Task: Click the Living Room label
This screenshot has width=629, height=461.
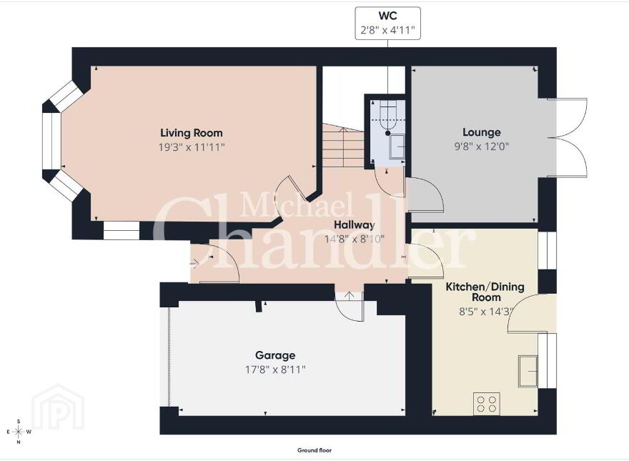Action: (x=192, y=133)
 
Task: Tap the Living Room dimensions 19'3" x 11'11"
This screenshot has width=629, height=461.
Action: (x=192, y=147)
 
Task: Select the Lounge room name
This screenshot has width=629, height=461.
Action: (x=481, y=132)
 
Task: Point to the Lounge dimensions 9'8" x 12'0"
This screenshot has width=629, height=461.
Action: (x=481, y=146)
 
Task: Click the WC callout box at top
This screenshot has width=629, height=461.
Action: (x=388, y=24)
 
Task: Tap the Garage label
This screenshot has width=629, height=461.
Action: (x=275, y=355)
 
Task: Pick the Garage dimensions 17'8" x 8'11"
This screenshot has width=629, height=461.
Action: (x=275, y=370)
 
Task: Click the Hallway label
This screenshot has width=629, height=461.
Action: (x=355, y=225)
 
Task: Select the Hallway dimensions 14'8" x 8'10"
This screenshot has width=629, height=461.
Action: (x=355, y=239)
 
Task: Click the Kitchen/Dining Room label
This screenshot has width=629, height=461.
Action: (x=485, y=292)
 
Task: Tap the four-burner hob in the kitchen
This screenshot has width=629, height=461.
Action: (x=487, y=404)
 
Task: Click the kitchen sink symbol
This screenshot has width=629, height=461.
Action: (x=528, y=371)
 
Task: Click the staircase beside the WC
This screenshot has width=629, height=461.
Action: (x=343, y=146)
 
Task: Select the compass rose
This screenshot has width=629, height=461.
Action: (x=19, y=432)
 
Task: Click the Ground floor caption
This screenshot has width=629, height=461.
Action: (x=314, y=450)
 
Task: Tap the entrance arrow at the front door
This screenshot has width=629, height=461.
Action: (x=194, y=264)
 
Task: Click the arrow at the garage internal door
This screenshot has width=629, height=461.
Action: (x=350, y=297)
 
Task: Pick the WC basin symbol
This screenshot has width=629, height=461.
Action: (x=397, y=147)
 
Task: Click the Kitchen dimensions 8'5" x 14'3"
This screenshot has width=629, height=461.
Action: (x=486, y=312)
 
